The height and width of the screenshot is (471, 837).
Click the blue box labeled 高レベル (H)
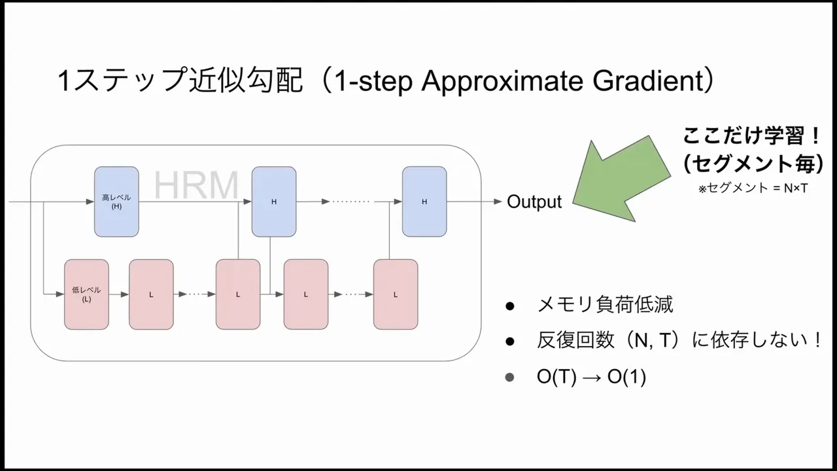pos(116,201)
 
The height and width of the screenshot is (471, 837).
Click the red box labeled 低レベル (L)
pos(86,294)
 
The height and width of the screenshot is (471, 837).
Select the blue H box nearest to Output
pos(424,201)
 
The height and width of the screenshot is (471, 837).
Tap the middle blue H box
pos(274,201)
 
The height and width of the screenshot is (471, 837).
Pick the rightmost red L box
pos(396,294)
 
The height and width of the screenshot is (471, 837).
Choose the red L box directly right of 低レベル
pos(151,294)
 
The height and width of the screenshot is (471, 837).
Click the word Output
pos(534,201)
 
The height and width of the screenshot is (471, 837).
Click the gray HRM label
pos(196,186)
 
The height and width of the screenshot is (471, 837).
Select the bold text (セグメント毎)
pos(753,164)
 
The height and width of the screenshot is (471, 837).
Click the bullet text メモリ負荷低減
pos(605,304)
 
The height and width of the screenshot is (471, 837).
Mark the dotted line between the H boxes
pos(351,201)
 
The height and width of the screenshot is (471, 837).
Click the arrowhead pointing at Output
pos(498,201)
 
